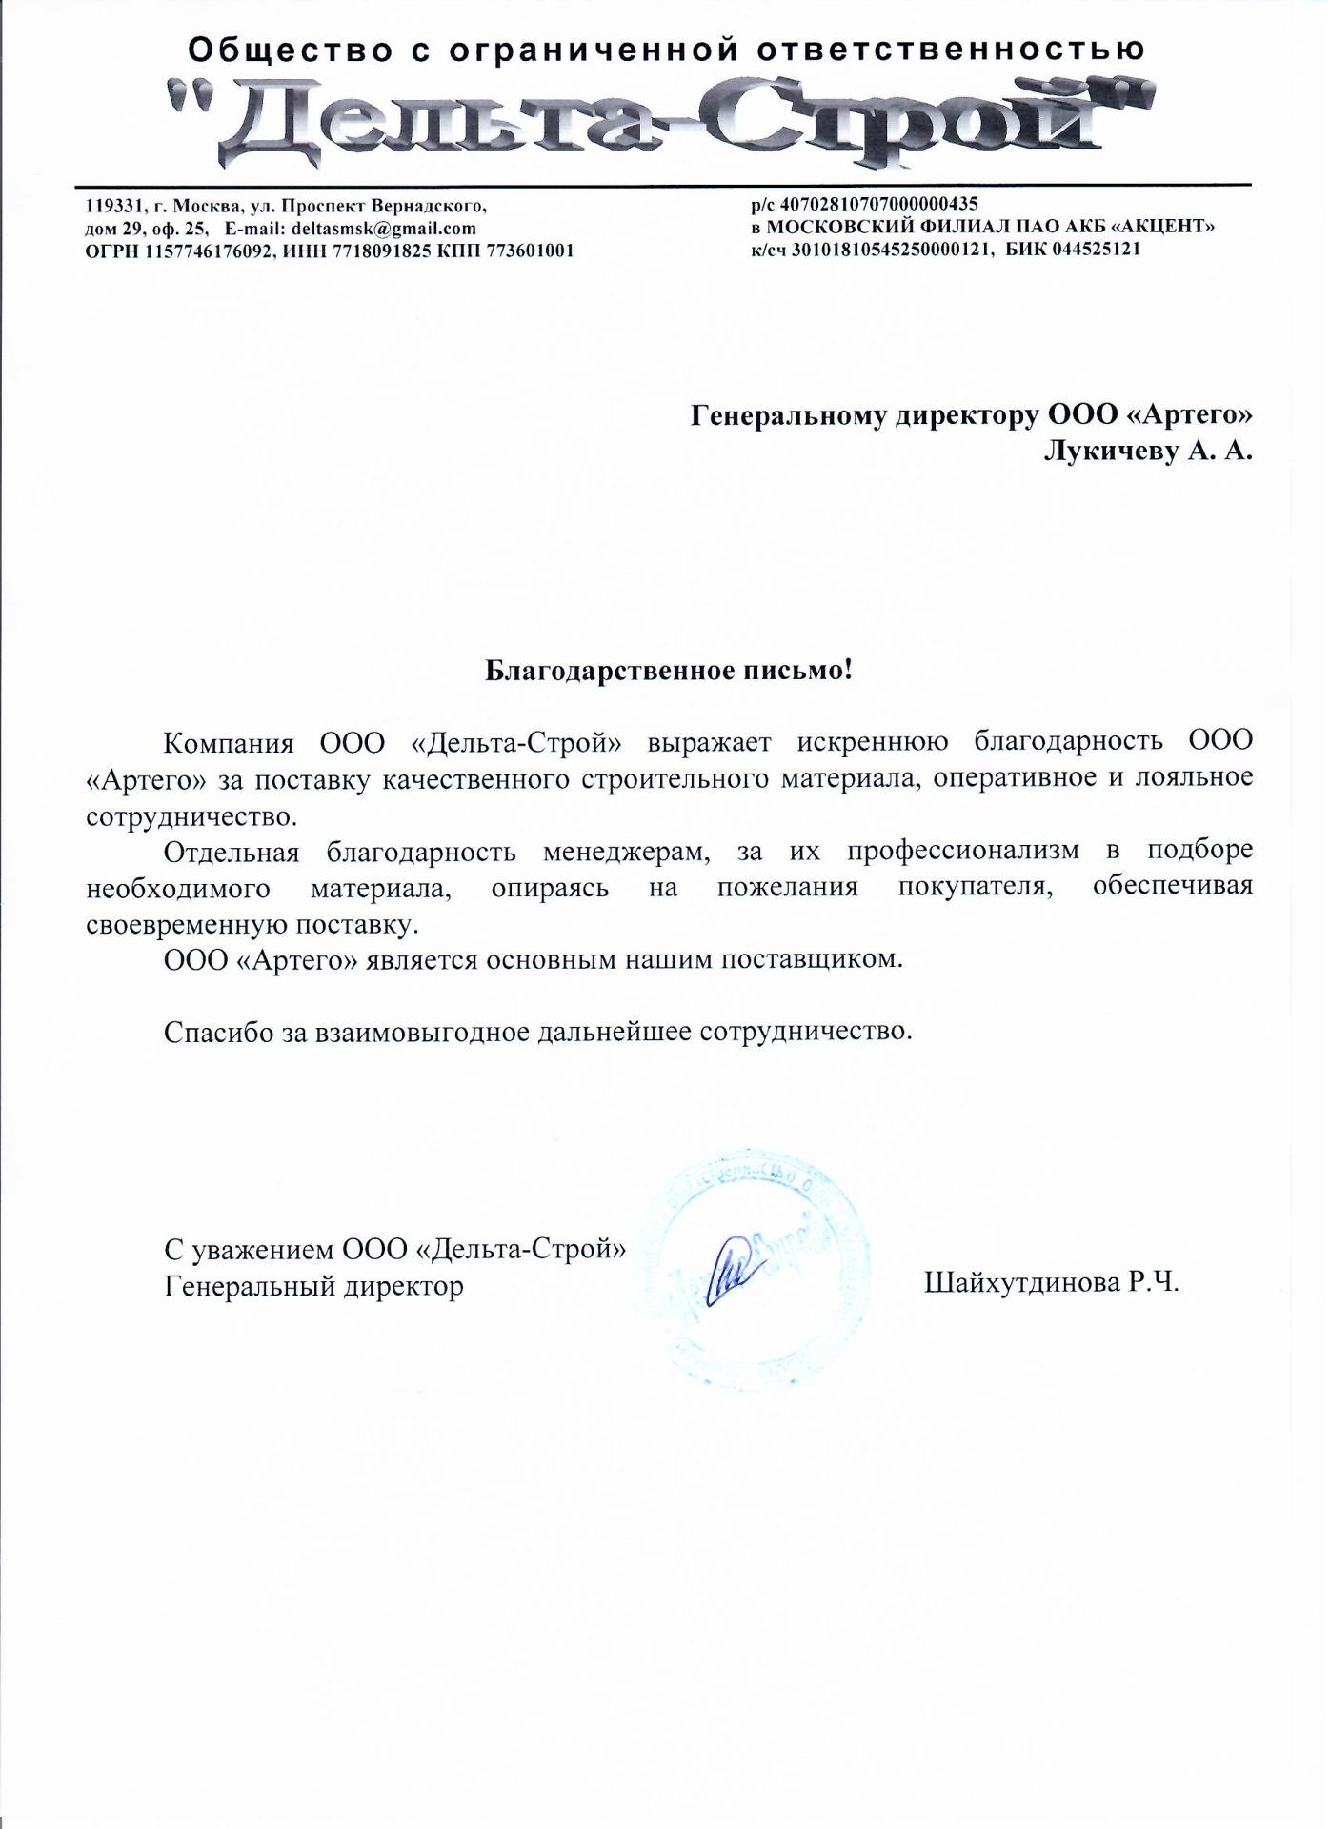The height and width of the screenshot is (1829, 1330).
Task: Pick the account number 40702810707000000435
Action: click(x=878, y=204)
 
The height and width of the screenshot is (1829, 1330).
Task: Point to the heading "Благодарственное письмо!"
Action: click(x=668, y=671)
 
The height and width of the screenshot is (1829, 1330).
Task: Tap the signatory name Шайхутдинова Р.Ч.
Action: click(x=1051, y=1283)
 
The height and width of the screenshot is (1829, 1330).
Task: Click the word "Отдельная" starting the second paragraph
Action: click(x=232, y=851)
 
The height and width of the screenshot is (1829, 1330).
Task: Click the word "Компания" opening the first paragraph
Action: click(x=227, y=742)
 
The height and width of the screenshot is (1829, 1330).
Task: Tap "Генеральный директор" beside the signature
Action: click(x=313, y=1287)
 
